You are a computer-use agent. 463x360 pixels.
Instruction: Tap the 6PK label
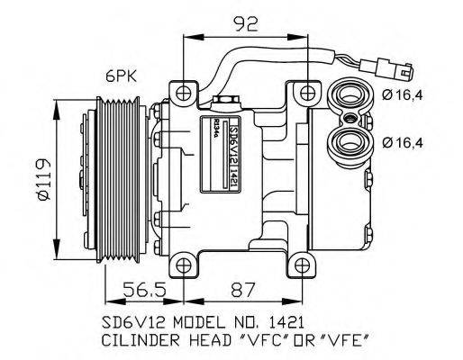coord(121,76)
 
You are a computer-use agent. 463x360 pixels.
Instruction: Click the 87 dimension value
coord(241,290)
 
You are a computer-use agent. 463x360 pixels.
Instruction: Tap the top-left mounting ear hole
coord(186,93)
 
